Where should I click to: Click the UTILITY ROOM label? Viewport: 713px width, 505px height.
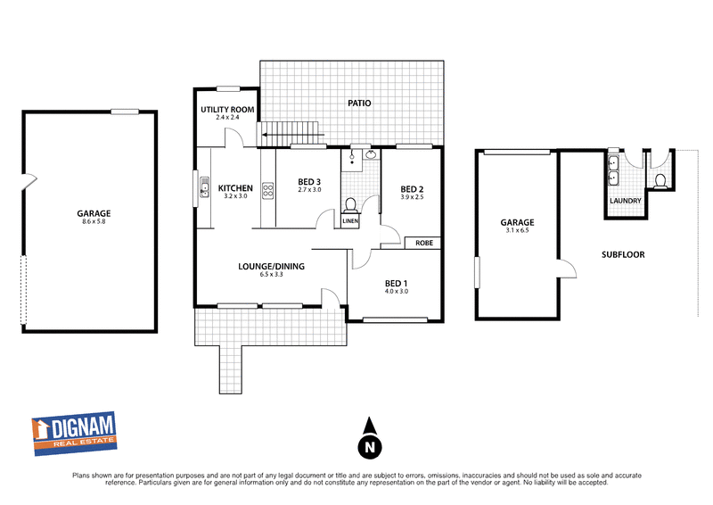[x=228, y=109]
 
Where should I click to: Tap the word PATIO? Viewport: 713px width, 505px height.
[x=360, y=103]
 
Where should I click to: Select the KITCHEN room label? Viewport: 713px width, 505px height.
[x=236, y=188]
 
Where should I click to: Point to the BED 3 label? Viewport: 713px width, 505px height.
[x=308, y=183]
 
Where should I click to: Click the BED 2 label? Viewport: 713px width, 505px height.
[x=411, y=189]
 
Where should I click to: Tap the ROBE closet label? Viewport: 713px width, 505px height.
[x=422, y=243]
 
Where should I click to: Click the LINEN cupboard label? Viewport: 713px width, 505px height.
[x=350, y=220]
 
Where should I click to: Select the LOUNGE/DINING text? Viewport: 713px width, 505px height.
[x=271, y=266]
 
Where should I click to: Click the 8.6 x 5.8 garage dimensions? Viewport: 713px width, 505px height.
[x=94, y=223]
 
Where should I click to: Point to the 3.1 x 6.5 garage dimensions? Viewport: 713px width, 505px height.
[x=517, y=231]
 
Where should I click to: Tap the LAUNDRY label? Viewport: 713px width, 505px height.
[x=625, y=201]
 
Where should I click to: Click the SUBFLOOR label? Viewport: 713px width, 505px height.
[x=623, y=254]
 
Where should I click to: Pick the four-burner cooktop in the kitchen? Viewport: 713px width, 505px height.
[x=267, y=190]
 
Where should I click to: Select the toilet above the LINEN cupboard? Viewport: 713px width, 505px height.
[x=350, y=203]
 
